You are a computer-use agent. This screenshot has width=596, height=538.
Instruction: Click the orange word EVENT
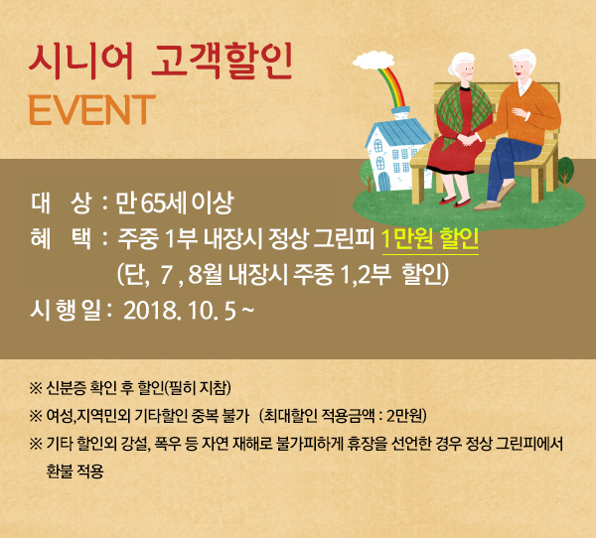[x=92, y=110]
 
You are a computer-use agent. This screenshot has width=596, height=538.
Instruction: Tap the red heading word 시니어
[x=80, y=62]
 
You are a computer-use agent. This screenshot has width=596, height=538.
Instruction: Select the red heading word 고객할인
[x=222, y=62]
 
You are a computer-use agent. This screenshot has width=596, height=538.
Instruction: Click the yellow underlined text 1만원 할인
[x=430, y=239]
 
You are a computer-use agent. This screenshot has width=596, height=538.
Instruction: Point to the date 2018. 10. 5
[x=180, y=311]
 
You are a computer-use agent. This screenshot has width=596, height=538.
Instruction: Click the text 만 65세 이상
[x=175, y=202]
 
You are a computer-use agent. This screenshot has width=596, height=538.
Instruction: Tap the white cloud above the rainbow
[x=373, y=61]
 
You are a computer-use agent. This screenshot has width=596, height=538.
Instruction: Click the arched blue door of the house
[x=384, y=182]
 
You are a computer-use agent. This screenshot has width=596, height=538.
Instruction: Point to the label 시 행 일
[x=67, y=311]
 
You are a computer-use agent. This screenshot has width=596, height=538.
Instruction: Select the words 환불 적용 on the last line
[x=74, y=471]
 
